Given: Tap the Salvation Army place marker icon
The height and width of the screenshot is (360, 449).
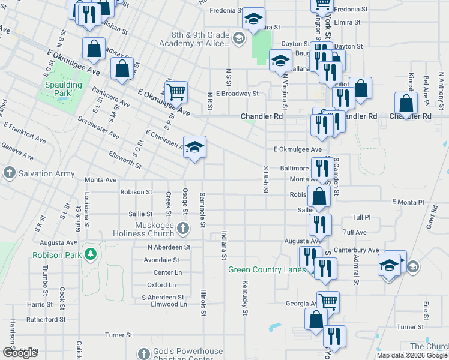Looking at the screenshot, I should [x=10, y=173].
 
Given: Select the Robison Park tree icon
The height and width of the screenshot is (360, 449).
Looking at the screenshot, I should [x=91, y=254].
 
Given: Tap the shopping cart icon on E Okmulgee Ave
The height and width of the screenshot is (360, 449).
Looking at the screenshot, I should [x=176, y=92].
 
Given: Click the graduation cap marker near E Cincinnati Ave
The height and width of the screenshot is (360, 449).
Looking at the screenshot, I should [x=194, y=147].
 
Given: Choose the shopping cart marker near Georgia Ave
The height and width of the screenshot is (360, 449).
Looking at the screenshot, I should [x=328, y=301].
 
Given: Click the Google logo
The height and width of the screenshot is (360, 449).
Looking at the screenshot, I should [x=20, y=352].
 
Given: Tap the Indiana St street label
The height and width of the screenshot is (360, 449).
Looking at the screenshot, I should [x=224, y=245].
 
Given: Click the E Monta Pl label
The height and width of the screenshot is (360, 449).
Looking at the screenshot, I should [x=408, y=203].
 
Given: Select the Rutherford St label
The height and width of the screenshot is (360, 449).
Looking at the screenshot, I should [x=46, y=319].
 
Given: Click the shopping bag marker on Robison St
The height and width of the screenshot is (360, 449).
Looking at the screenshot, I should [x=319, y=196].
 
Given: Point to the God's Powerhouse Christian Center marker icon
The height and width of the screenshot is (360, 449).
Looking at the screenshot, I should [x=143, y=353].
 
